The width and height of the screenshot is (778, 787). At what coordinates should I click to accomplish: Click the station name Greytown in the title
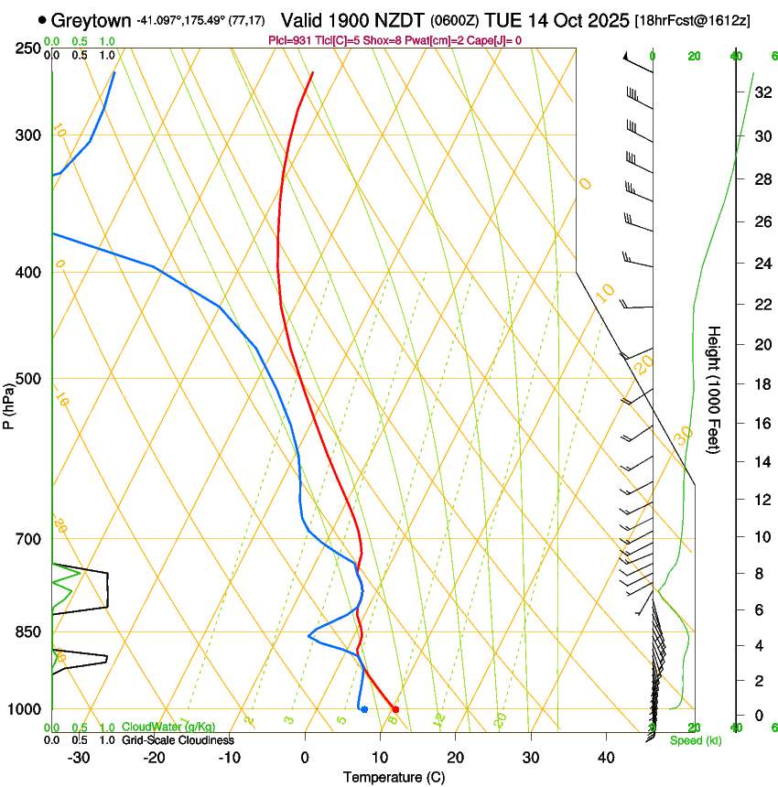click(92, 19)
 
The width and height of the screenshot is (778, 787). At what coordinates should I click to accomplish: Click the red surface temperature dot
click(395, 709)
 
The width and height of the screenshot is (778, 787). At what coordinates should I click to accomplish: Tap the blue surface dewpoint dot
click(364, 709)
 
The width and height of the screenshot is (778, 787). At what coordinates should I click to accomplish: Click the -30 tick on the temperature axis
click(79, 758)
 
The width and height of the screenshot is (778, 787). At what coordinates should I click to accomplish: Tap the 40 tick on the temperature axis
click(606, 758)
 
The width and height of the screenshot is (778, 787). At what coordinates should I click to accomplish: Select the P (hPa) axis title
click(9, 405)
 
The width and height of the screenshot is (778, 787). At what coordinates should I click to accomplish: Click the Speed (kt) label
click(695, 740)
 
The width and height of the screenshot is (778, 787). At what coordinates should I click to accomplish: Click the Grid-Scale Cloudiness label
click(178, 740)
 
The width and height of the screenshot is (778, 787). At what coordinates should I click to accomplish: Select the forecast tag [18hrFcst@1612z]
click(691, 20)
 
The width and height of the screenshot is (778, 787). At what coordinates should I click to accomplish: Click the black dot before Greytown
click(42, 19)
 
